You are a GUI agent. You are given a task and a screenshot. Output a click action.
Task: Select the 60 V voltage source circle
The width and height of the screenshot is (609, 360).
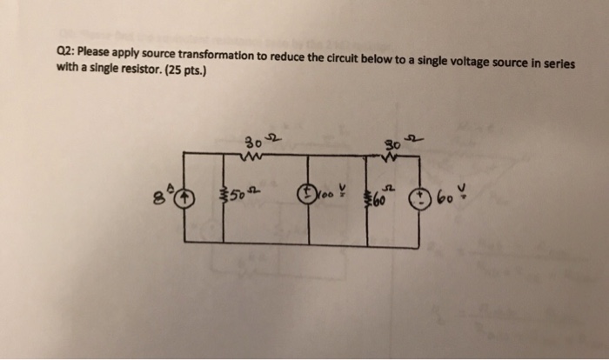(425, 197)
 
